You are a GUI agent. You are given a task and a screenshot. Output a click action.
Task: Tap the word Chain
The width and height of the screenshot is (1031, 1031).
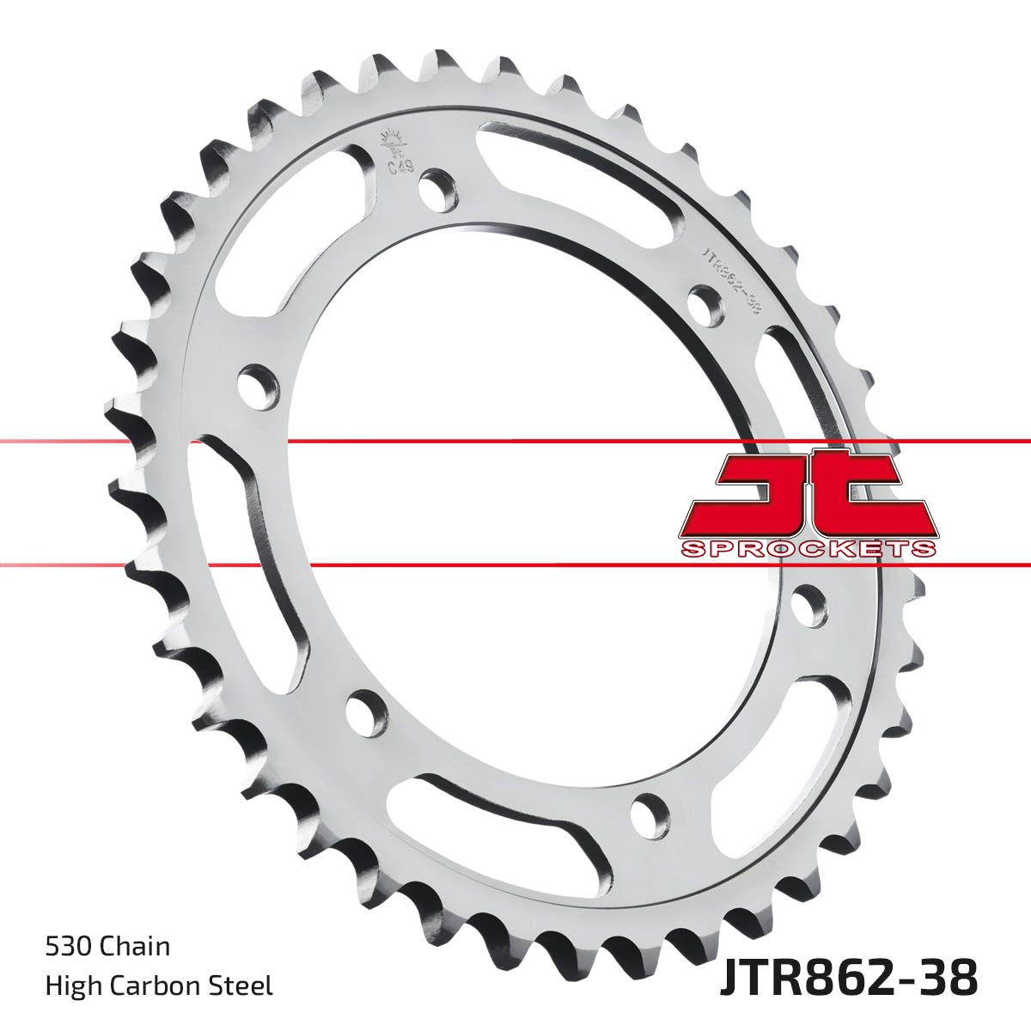pos(135,947)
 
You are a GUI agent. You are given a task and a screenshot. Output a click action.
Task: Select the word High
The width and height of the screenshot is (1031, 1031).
pos(70,985)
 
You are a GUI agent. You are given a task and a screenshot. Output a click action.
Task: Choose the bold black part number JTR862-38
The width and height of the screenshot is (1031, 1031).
pos(847,979)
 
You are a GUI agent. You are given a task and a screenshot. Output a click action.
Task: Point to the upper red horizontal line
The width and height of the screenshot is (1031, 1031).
pos(515,442)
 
